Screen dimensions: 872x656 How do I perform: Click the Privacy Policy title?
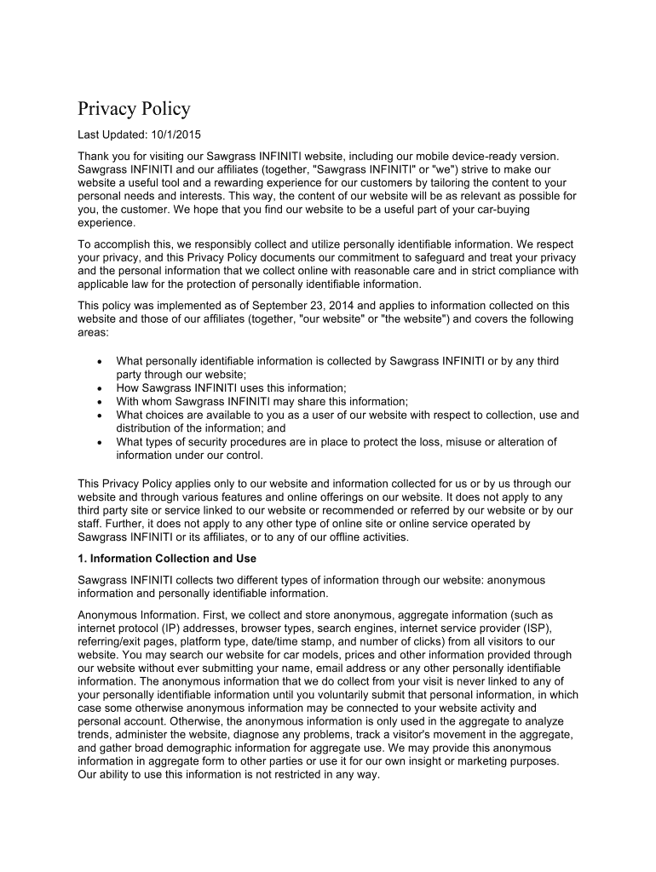pos(134,109)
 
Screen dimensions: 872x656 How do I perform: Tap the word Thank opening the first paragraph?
pos(95,157)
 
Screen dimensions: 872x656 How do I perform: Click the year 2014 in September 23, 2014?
pos(320,306)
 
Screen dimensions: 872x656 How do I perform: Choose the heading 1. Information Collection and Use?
pos(167,559)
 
